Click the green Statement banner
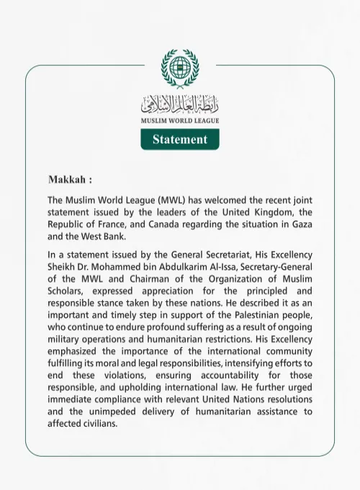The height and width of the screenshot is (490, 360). (179, 139)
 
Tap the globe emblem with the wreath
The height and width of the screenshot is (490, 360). (179, 68)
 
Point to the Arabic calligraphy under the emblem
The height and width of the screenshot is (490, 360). (179, 104)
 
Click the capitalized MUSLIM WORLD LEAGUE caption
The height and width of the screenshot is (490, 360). (179, 120)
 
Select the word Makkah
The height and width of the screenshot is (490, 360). (67, 179)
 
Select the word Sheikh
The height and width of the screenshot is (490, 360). (63, 267)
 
